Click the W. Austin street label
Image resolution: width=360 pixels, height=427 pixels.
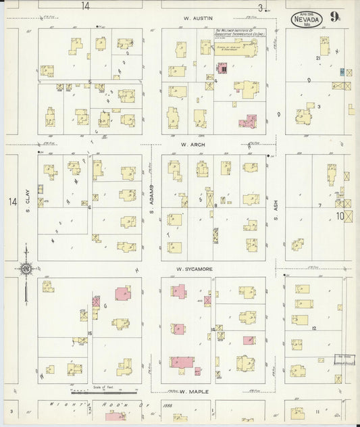click(x=197, y=18)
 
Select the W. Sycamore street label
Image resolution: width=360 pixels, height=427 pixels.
click(x=195, y=269)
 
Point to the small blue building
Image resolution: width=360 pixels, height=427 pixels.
click(x=342, y=72)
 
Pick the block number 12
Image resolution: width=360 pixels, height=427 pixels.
click(x=315, y=328)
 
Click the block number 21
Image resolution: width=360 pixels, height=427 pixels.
click(x=317, y=59)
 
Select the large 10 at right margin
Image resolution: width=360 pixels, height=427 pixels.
click(x=342, y=217)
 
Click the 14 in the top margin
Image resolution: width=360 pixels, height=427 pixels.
click(x=85, y=6)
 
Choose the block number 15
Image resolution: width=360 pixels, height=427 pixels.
click(x=89, y=334)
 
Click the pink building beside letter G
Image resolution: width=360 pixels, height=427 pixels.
click(x=123, y=293)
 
